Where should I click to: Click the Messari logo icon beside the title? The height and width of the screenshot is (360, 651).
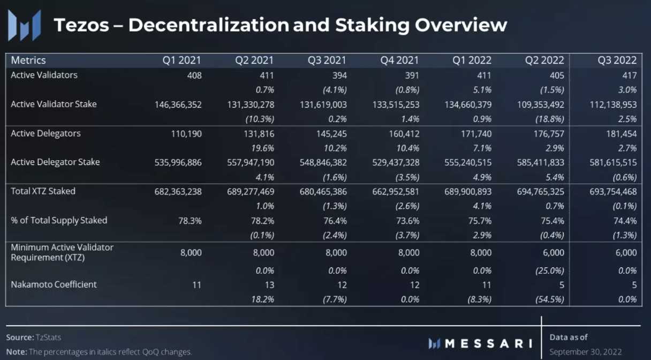(x=25, y=25)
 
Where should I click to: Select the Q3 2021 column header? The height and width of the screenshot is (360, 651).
(x=327, y=61)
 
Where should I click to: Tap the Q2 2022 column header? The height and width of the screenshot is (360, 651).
(x=545, y=61)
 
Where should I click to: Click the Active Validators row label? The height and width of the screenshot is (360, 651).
(x=44, y=75)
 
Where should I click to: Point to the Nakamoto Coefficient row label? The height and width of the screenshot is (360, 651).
(x=54, y=284)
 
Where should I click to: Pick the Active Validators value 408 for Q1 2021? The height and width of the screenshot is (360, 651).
(x=194, y=76)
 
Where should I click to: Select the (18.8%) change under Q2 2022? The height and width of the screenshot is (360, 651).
(x=549, y=119)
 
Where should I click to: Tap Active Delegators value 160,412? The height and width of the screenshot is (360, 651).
(x=404, y=133)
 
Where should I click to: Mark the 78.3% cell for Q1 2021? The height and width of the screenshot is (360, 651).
(x=190, y=220)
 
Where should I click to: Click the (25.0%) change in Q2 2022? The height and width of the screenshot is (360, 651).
(x=549, y=271)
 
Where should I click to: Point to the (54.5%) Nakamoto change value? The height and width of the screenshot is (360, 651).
(x=549, y=299)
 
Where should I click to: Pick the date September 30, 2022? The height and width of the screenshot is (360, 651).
(x=586, y=352)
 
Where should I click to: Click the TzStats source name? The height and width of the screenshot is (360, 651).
(x=48, y=337)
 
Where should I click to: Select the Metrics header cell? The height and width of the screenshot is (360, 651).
(x=28, y=61)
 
